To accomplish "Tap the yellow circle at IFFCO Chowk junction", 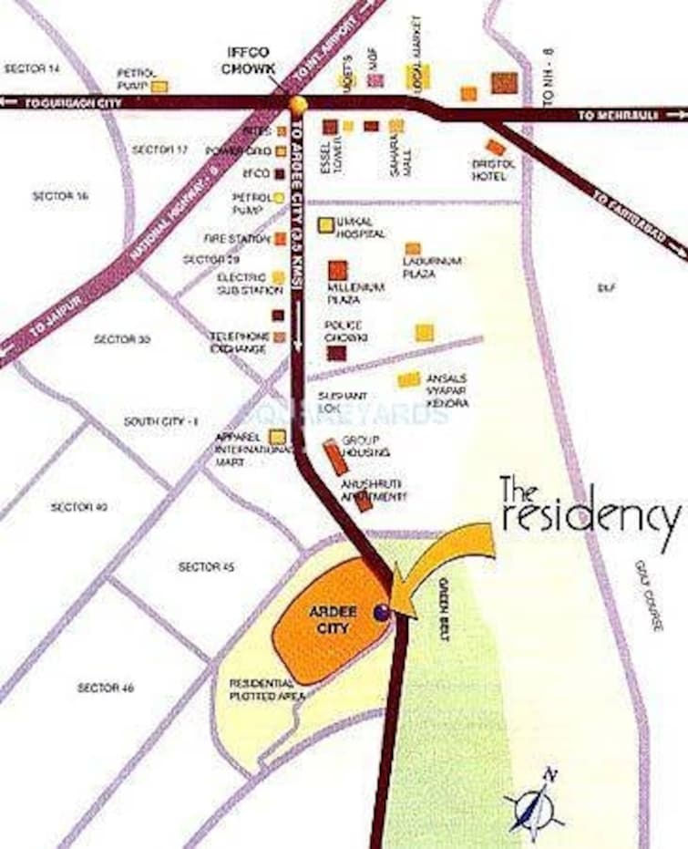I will click(x=297, y=103).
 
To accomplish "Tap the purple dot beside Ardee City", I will click(x=382, y=615).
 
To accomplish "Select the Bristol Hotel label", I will click(x=493, y=170).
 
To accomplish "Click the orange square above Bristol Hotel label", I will click(x=495, y=147).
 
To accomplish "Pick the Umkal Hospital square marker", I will click(x=325, y=224).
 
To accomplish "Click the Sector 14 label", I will click(x=31, y=68).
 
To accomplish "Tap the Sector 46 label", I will click(x=105, y=688).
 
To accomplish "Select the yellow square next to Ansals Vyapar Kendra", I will click(x=409, y=378).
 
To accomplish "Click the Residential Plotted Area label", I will click(x=262, y=689).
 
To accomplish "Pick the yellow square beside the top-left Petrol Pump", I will click(x=159, y=86).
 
